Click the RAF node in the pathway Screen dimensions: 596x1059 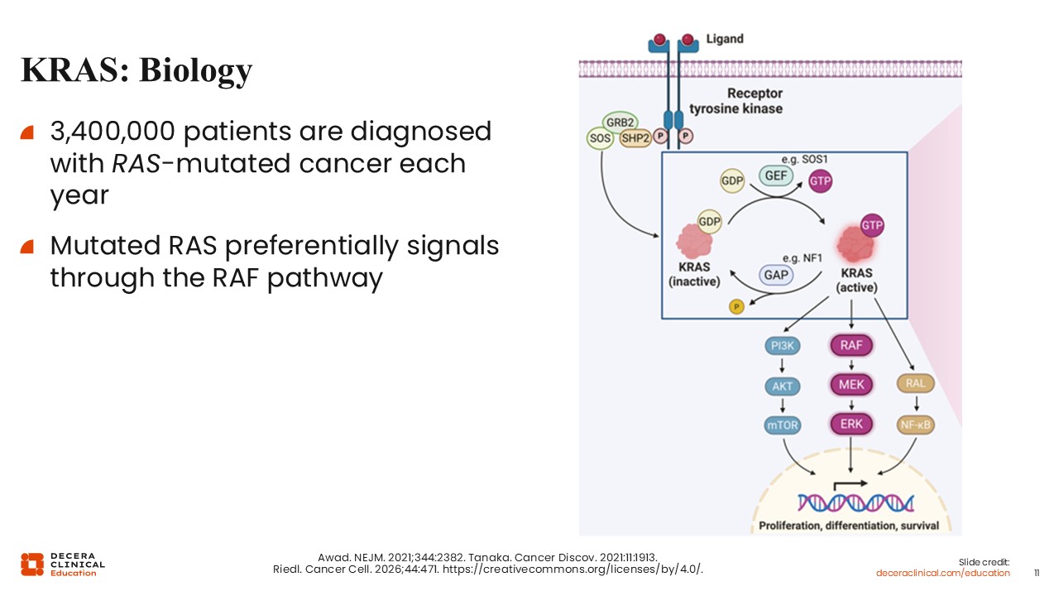click(x=851, y=345)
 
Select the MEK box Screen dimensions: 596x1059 click(x=851, y=385)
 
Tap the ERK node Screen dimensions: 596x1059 click(x=851, y=425)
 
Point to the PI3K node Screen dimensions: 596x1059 click(x=782, y=345)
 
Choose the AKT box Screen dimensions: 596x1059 click(x=782, y=385)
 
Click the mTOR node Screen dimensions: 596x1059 click(x=782, y=425)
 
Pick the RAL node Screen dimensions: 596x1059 click(x=915, y=383)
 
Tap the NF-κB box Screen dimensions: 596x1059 click(x=915, y=425)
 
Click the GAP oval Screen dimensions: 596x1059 click(x=777, y=275)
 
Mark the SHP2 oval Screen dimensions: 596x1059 click(x=635, y=139)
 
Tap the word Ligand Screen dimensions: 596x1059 click(x=725, y=39)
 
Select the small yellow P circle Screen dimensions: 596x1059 click(x=736, y=307)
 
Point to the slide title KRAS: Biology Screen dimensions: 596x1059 click(x=137, y=70)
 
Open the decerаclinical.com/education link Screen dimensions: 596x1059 click(x=943, y=573)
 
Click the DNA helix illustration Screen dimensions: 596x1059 click(x=855, y=502)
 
